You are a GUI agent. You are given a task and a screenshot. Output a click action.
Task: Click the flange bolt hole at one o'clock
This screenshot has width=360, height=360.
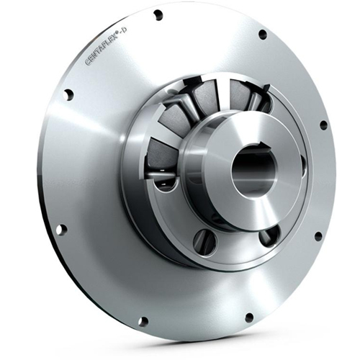(x=262, y=33)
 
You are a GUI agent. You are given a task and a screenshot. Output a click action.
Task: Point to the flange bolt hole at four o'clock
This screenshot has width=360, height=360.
(x=318, y=235)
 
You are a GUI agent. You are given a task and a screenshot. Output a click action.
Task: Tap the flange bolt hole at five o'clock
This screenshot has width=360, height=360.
(x=248, y=317)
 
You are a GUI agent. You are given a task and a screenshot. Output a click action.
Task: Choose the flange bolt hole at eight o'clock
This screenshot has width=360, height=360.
(x=60, y=230)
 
